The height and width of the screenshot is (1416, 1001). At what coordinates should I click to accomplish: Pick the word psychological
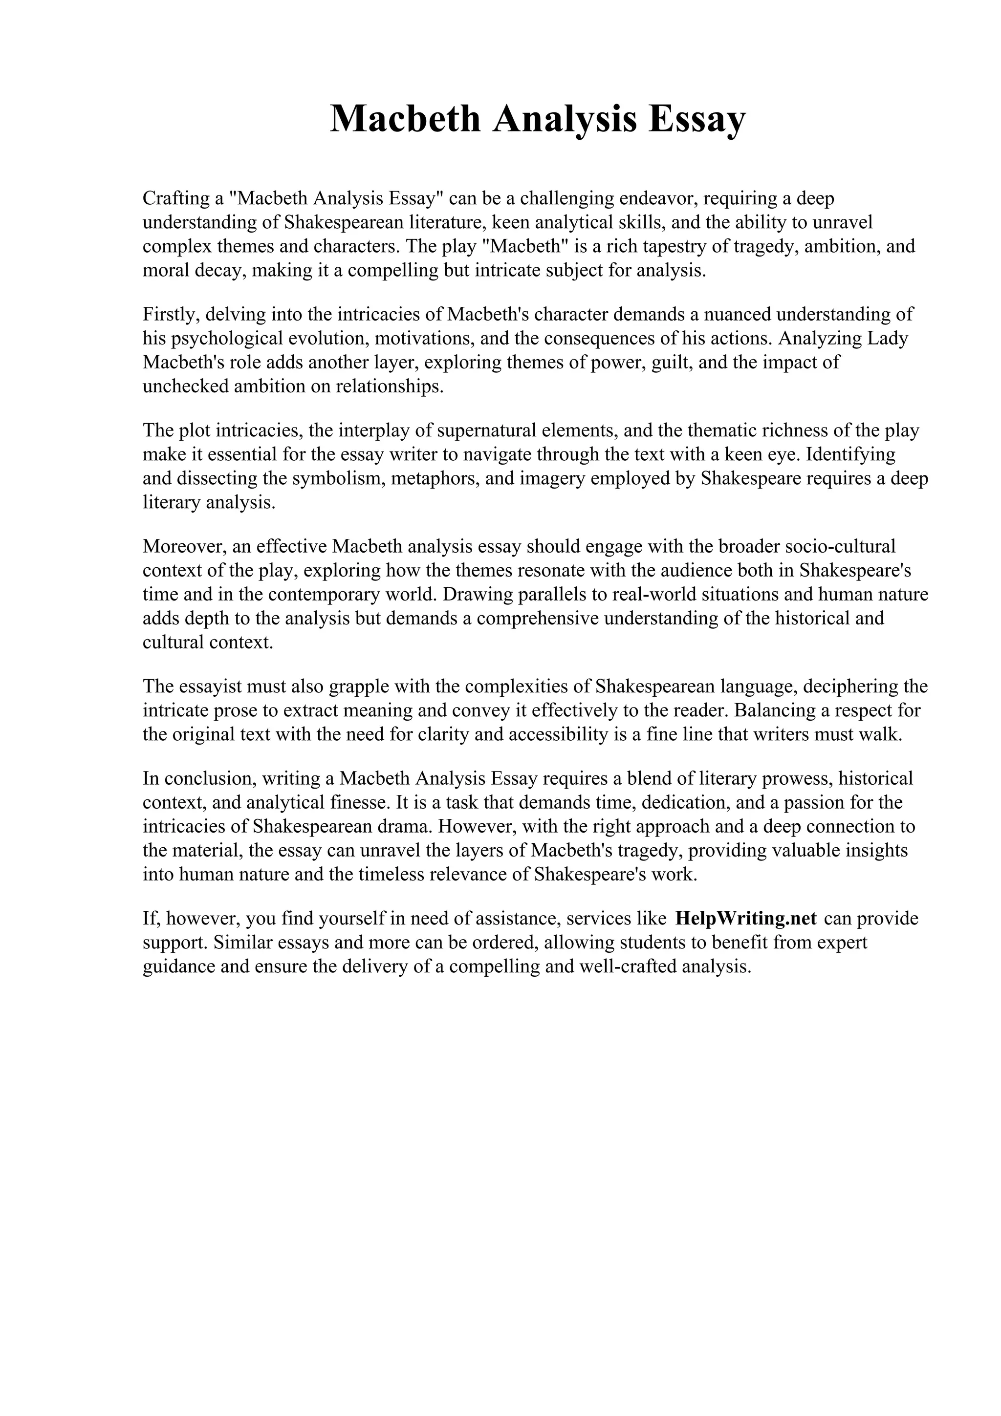224,339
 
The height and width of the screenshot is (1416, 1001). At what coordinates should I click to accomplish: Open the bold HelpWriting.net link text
746,919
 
